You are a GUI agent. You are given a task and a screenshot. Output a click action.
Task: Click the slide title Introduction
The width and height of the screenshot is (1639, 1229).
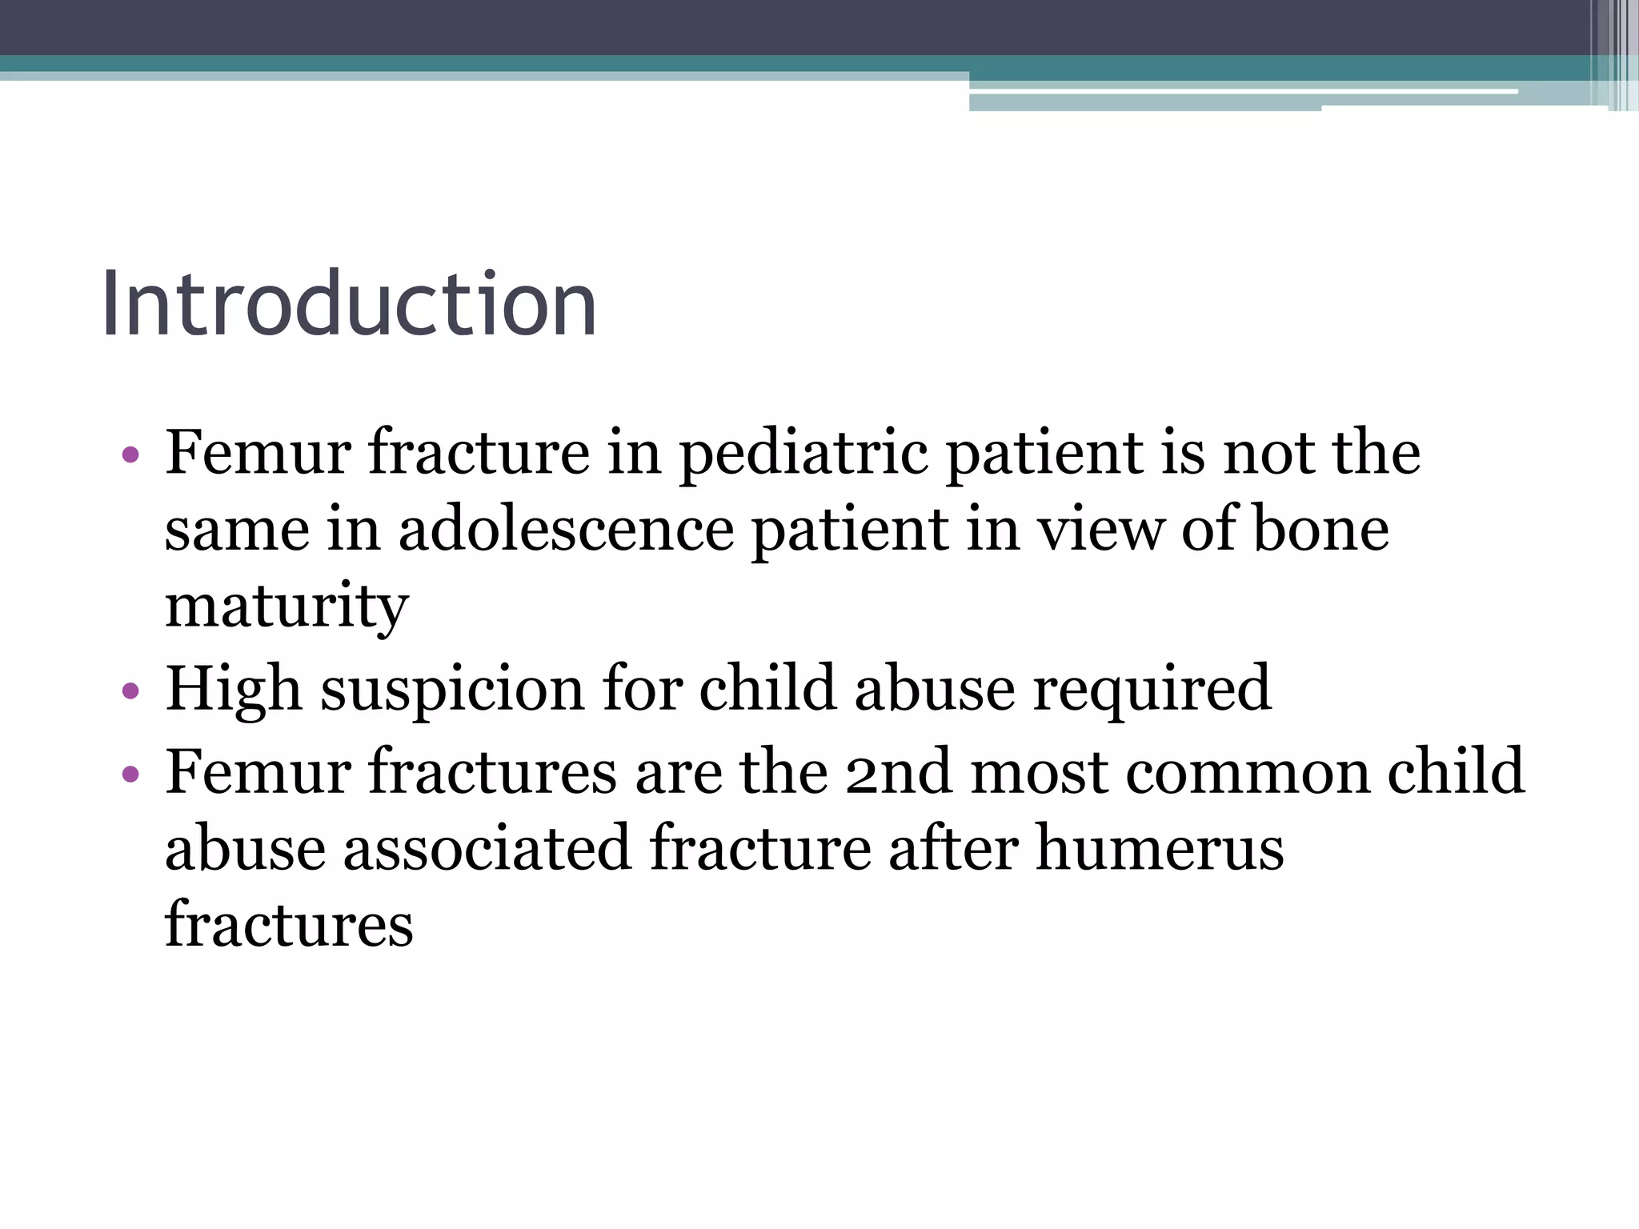(x=349, y=305)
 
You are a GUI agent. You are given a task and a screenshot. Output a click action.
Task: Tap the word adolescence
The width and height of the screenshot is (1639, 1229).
(x=566, y=530)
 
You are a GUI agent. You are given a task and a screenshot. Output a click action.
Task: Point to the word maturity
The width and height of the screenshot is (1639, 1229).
(x=287, y=606)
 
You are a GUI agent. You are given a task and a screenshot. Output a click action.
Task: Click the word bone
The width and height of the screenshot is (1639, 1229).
(x=1320, y=530)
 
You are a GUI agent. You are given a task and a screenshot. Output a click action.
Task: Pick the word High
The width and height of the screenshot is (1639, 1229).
(x=234, y=688)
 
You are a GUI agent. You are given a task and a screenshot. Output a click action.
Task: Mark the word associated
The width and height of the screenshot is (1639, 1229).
(x=487, y=848)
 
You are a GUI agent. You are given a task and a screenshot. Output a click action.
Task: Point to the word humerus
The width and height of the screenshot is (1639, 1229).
(x=1160, y=848)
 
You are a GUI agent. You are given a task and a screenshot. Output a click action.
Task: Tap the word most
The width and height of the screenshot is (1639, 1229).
(x=1038, y=772)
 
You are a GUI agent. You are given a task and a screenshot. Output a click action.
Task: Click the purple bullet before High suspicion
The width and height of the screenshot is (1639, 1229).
(x=131, y=691)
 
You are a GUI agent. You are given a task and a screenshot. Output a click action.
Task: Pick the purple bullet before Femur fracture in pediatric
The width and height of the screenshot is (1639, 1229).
(x=131, y=455)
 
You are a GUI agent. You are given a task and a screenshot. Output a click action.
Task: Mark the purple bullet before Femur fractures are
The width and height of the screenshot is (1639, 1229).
(x=131, y=774)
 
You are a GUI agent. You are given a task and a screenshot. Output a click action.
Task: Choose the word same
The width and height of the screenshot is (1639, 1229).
(x=237, y=530)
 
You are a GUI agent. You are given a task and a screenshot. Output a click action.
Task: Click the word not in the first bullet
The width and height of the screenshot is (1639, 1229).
(x=1268, y=453)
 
